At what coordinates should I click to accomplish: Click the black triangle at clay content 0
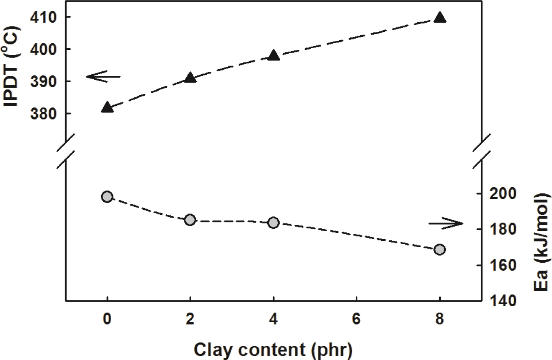107,107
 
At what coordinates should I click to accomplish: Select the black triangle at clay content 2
190,78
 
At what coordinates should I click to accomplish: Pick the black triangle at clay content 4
273,56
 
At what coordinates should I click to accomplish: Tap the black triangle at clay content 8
440,18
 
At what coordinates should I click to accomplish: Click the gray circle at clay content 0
107,197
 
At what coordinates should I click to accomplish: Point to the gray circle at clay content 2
190,220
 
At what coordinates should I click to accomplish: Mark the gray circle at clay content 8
440,250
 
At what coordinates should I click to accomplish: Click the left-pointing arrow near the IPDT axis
103,76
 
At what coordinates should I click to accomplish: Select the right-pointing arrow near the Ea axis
445,224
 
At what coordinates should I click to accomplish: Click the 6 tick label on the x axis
356,318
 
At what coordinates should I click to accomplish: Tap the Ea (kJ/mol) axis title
541,247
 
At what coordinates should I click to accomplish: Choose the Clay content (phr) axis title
273,348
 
